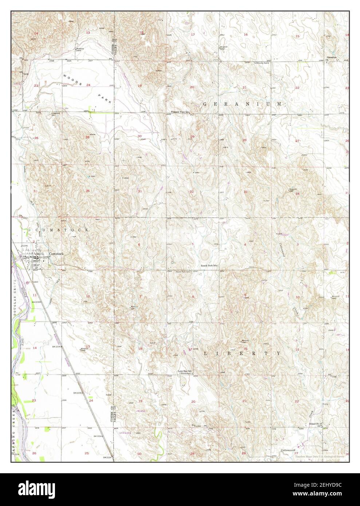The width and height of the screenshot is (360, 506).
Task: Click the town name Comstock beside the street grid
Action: [56, 254]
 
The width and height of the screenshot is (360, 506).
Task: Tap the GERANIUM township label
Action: [242, 104]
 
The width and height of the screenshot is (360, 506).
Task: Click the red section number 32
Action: [191, 191]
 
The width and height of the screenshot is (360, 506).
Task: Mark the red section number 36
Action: [88, 191]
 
